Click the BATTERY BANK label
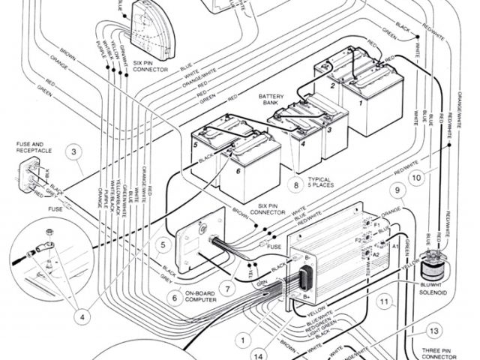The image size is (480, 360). point(271,100)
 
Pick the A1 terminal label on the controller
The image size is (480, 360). point(386,245)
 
